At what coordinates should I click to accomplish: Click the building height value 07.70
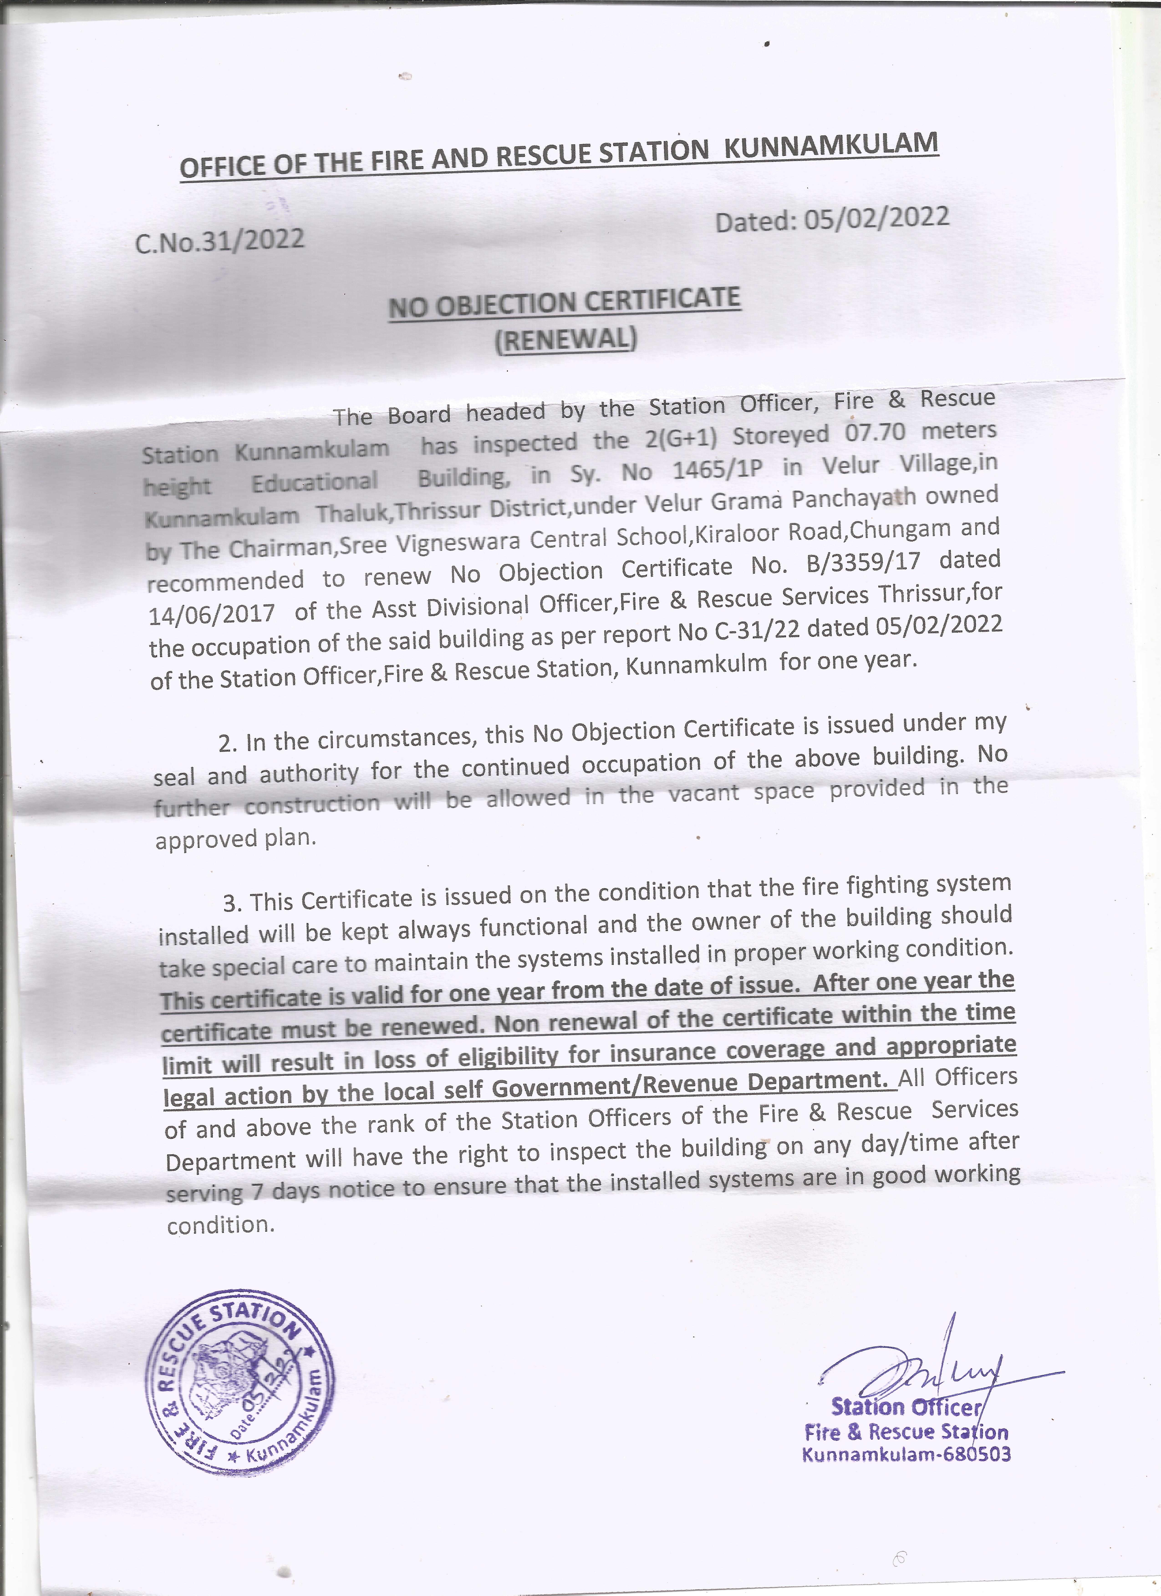tap(875, 432)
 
